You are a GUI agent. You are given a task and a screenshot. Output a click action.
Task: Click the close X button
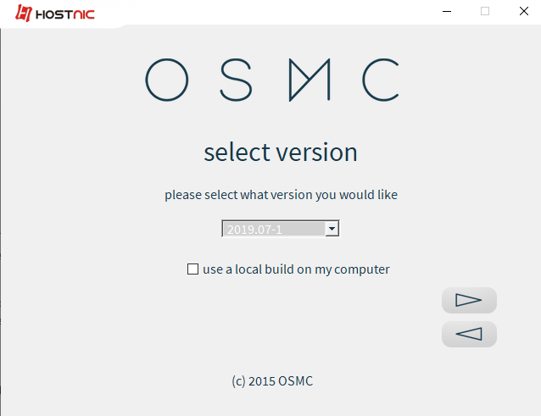pos(524,11)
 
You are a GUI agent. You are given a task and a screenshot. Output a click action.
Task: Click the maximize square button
pos(485,11)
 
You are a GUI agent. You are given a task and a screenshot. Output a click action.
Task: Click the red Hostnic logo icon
pos(24,13)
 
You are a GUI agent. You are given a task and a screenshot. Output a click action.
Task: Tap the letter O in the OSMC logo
pos(167,80)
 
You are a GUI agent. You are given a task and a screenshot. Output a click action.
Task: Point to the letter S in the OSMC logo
pos(236,80)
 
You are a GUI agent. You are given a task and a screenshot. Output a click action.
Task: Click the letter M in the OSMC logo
pos(310,80)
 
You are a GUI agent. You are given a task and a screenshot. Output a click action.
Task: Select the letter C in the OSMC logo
pos(381,80)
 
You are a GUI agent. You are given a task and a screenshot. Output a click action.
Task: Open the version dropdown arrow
pos(332,229)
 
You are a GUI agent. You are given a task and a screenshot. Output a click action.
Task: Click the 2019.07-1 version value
pos(254,230)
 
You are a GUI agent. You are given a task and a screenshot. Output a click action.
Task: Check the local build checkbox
pos(192,269)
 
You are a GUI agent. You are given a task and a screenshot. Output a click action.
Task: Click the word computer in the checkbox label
pos(362,269)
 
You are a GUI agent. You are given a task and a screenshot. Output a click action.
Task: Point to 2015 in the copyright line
pos(261,381)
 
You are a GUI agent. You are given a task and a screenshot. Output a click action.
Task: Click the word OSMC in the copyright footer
pos(295,381)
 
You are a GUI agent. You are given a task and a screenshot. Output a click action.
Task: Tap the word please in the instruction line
pos(183,195)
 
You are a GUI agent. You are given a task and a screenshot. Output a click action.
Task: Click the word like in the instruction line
pos(388,195)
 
